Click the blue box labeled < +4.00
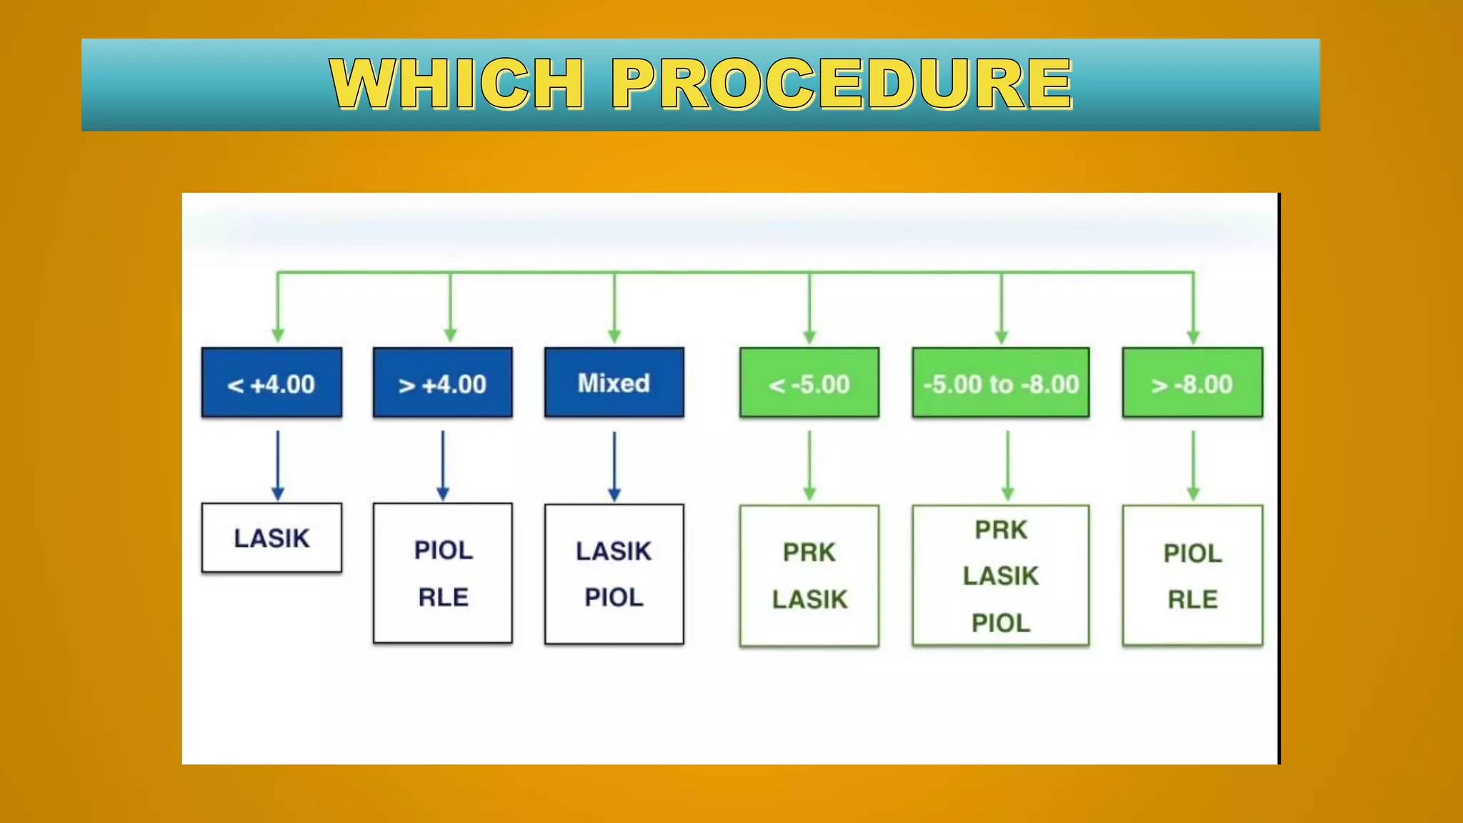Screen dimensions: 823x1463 (271, 383)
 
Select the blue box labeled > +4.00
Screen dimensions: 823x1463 (442, 383)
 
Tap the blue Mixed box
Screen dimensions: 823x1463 (614, 383)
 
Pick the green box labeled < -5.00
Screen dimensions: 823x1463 (809, 383)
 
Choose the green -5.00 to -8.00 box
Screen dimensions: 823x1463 (1001, 383)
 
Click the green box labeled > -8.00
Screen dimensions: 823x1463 (1192, 383)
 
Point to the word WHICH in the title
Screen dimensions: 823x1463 (457, 84)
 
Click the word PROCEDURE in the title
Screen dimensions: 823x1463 (842, 84)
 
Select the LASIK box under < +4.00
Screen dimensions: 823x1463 (271, 538)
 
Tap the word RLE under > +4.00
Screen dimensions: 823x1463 (443, 597)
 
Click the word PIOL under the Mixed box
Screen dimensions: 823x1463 (614, 597)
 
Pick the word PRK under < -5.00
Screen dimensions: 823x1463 (809, 552)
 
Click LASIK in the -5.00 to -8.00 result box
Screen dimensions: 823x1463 (1000, 576)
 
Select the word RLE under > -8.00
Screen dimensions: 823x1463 (1192, 599)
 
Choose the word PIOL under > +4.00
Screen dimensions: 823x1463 (443, 550)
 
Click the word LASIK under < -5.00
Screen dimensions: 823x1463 (809, 599)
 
